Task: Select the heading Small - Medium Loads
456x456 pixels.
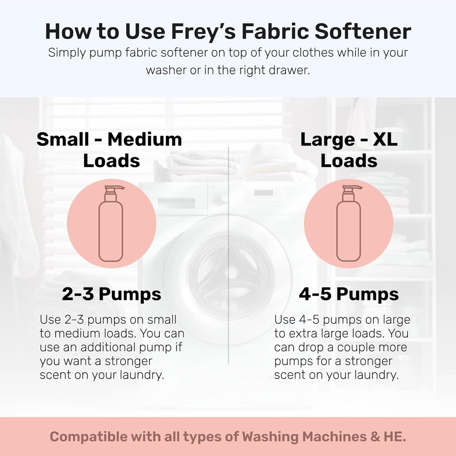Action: [110, 150]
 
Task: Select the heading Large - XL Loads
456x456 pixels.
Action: [349, 150]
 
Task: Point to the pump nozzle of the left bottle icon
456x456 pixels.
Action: [119, 188]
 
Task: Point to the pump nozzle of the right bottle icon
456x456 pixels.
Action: [357, 188]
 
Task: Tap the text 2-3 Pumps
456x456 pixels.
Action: [111, 294]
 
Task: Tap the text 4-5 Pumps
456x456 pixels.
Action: [349, 294]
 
